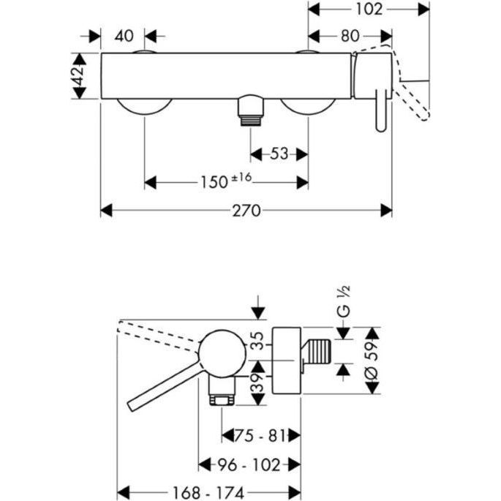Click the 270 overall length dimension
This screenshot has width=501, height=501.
coord(246,211)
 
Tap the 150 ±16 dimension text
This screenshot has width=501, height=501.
coord(226,181)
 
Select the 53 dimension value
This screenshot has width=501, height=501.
coord(279,154)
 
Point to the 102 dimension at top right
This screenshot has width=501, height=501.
coord(369,10)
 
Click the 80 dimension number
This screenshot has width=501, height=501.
coord(350,36)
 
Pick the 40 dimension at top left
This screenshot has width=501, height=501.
coord(124,36)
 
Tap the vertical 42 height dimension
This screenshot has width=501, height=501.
coord(79,76)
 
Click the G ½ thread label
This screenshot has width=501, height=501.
coord(344,301)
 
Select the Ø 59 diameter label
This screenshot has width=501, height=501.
coord(372,361)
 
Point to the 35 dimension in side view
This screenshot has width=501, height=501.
coord(257,341)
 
